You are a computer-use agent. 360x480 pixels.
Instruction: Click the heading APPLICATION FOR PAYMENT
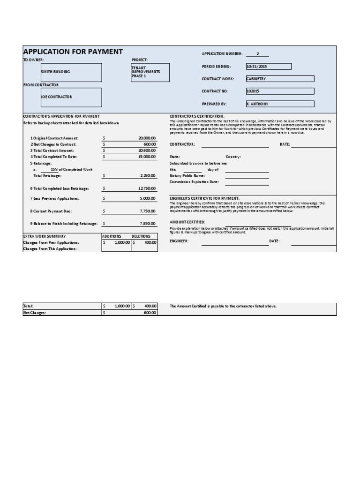(73, 52)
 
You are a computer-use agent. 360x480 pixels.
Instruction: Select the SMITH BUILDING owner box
(71, 72)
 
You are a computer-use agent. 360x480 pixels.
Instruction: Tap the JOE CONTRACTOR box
(71, 97)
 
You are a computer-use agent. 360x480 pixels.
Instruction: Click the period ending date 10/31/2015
(268, 67)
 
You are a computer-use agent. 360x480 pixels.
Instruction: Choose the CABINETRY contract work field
(279, 79)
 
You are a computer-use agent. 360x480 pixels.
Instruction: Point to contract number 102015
(279, 91)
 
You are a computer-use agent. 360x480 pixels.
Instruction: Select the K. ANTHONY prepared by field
(279, 104)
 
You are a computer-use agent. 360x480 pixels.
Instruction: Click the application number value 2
(257, 54)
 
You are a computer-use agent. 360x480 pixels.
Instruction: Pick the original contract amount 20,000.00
(147, 138)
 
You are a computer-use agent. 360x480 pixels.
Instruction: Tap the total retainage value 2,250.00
(148, 175)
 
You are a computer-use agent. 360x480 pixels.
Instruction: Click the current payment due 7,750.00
(148, 211)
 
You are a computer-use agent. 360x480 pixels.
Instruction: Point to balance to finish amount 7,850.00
(148, 224)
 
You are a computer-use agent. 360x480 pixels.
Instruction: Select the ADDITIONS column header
(112, 236)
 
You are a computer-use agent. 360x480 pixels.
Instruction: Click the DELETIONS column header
(141, 236)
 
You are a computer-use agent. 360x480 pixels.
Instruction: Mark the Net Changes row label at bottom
(35, 312)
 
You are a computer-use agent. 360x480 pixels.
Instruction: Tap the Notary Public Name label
(188, 175)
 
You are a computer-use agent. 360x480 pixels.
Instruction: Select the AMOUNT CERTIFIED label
(187, 222)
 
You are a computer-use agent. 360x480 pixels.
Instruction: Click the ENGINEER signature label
(179, 241)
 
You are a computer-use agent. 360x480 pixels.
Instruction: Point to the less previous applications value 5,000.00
(148, 199)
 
